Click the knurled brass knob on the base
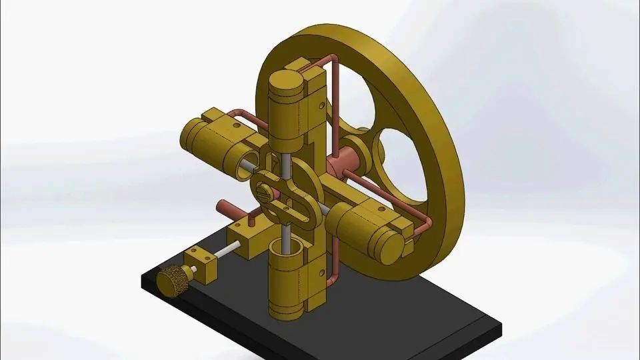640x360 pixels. click(171, 280)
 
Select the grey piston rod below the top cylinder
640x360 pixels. click(285, 164)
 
